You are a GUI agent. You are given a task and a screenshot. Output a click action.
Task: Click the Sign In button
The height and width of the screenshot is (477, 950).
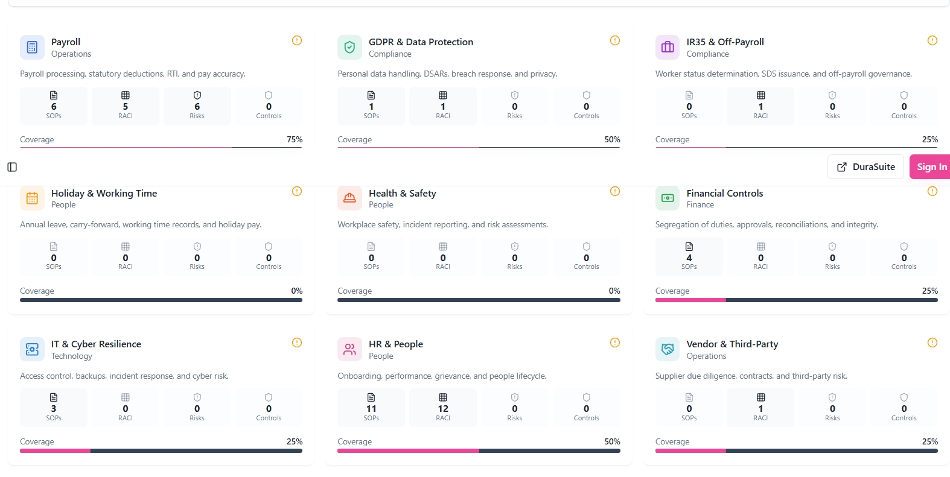929,167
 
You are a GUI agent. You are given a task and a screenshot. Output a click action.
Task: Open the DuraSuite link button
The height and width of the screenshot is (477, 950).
866,167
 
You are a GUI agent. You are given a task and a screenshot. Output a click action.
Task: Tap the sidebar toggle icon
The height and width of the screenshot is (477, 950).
12,167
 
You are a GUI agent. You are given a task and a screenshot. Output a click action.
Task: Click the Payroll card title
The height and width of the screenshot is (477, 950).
66,42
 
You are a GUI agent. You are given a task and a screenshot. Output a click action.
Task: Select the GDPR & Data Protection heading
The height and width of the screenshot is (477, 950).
421,42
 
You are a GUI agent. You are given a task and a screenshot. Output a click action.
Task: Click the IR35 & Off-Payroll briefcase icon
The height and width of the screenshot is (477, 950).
668,47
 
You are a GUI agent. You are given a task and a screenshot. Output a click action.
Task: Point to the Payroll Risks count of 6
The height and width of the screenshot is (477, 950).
197,107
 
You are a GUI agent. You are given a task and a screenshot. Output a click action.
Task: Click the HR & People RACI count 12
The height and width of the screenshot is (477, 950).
443,409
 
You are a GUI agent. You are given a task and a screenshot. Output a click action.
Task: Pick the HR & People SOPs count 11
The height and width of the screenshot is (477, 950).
371,409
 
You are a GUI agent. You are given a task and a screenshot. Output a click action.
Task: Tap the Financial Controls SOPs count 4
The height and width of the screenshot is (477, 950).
689,258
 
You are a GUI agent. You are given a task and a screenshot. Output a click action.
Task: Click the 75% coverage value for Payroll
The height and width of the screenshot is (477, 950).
295,139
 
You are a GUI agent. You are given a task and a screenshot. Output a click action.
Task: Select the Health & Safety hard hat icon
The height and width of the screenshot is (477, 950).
349,198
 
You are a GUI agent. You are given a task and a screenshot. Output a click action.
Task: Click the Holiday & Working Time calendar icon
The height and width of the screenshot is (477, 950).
32,198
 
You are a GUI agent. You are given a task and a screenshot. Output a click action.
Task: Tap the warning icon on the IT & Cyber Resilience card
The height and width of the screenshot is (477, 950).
297,343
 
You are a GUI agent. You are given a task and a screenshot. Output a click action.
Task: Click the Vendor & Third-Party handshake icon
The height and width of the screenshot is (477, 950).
668,349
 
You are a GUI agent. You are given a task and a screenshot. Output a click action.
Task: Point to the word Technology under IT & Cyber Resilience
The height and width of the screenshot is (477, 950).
72,356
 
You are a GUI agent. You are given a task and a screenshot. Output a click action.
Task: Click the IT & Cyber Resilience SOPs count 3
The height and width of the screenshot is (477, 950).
54,409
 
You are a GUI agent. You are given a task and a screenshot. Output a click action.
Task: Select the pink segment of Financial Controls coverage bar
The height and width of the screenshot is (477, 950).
690,300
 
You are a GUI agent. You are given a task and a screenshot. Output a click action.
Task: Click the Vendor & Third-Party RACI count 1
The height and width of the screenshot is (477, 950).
760,409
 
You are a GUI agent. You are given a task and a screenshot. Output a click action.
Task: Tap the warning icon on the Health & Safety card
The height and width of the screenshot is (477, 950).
615,192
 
